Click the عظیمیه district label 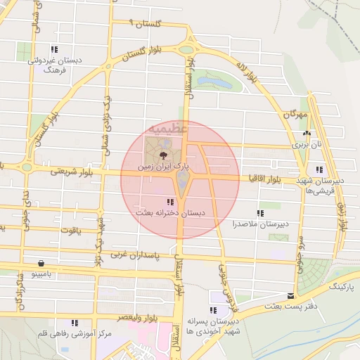167,129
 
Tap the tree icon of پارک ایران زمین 163,155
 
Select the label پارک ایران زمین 163,167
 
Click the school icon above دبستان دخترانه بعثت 171,202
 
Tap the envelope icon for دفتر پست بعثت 291,296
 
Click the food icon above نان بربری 306,133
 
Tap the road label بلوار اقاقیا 270,180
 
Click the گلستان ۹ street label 147,23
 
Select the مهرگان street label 296,114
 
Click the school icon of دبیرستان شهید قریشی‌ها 320,169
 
